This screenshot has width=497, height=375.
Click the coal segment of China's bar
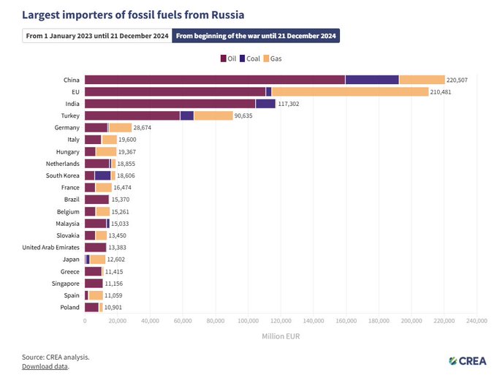(x=372, y=80)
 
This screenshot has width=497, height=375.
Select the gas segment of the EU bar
(x=349, y=91)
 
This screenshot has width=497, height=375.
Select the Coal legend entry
(x=250, y=58)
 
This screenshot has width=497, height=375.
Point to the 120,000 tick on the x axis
(x=281, y=320)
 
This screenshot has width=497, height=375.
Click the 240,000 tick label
(x=477, y=320)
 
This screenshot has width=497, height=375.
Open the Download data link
(x=45, y=366)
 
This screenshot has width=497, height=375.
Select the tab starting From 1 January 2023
(x=97, y=35)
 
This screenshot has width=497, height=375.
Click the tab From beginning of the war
(x=256, y=35)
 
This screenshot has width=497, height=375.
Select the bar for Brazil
(x=96, y=200)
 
